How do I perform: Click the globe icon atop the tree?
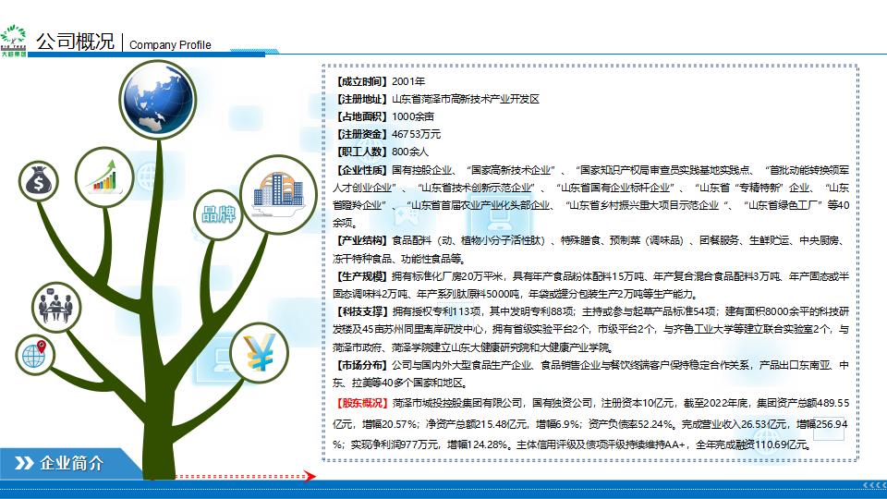click(158, 100)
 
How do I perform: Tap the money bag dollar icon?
click(39, 181)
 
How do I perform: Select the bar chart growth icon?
click(104, 176)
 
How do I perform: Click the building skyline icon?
click(278, 194)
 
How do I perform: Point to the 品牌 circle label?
click(218, 214)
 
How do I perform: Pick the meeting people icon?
click(56, 307)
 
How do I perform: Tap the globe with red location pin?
click(34, 355)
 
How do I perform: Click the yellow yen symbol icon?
click(259, 352)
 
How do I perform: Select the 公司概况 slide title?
click(75, 42)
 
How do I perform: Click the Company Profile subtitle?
click(170, 44)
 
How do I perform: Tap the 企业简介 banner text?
click(72, 463)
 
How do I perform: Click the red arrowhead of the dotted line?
click(310, 476)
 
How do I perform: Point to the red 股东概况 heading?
click(362, 403)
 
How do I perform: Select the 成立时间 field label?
click(362, 81)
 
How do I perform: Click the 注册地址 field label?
click(362, 99)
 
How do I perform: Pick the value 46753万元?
click(417, 134)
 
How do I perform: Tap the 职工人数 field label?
click(362, 152)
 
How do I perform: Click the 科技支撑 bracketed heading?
click(362, 311)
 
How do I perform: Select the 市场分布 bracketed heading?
click(362, 365)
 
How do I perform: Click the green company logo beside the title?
click(14, 41)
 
